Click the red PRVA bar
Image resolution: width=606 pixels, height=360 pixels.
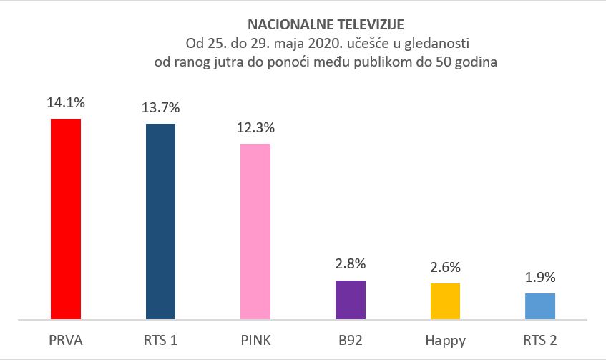[x=66, y=218]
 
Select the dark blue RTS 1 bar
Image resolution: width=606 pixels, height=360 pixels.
[x=160, y=221]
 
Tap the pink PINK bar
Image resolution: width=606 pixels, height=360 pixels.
[x=255, y=231]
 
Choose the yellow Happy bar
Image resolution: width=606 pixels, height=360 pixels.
[x=445, y=301]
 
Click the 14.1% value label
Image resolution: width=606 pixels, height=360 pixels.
[x=66, y=103]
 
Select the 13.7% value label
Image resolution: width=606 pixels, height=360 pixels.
[x=160, y=108]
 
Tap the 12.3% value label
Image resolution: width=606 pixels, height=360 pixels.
[x=255, y=129]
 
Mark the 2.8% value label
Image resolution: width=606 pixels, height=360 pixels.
[x=350, y=265]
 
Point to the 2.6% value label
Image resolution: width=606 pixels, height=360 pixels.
[x=445, y=268]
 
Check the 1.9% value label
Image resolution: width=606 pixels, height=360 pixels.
[x=540, y=278]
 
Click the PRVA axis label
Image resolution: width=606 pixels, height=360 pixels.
[x=66, y=341]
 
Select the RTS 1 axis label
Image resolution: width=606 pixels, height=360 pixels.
[x=160, y=341]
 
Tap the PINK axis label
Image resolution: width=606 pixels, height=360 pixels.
[x=255, y=341]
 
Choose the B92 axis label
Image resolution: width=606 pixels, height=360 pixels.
[x=350, y=341]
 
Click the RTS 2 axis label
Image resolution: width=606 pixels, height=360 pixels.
[x=540, y=341]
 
